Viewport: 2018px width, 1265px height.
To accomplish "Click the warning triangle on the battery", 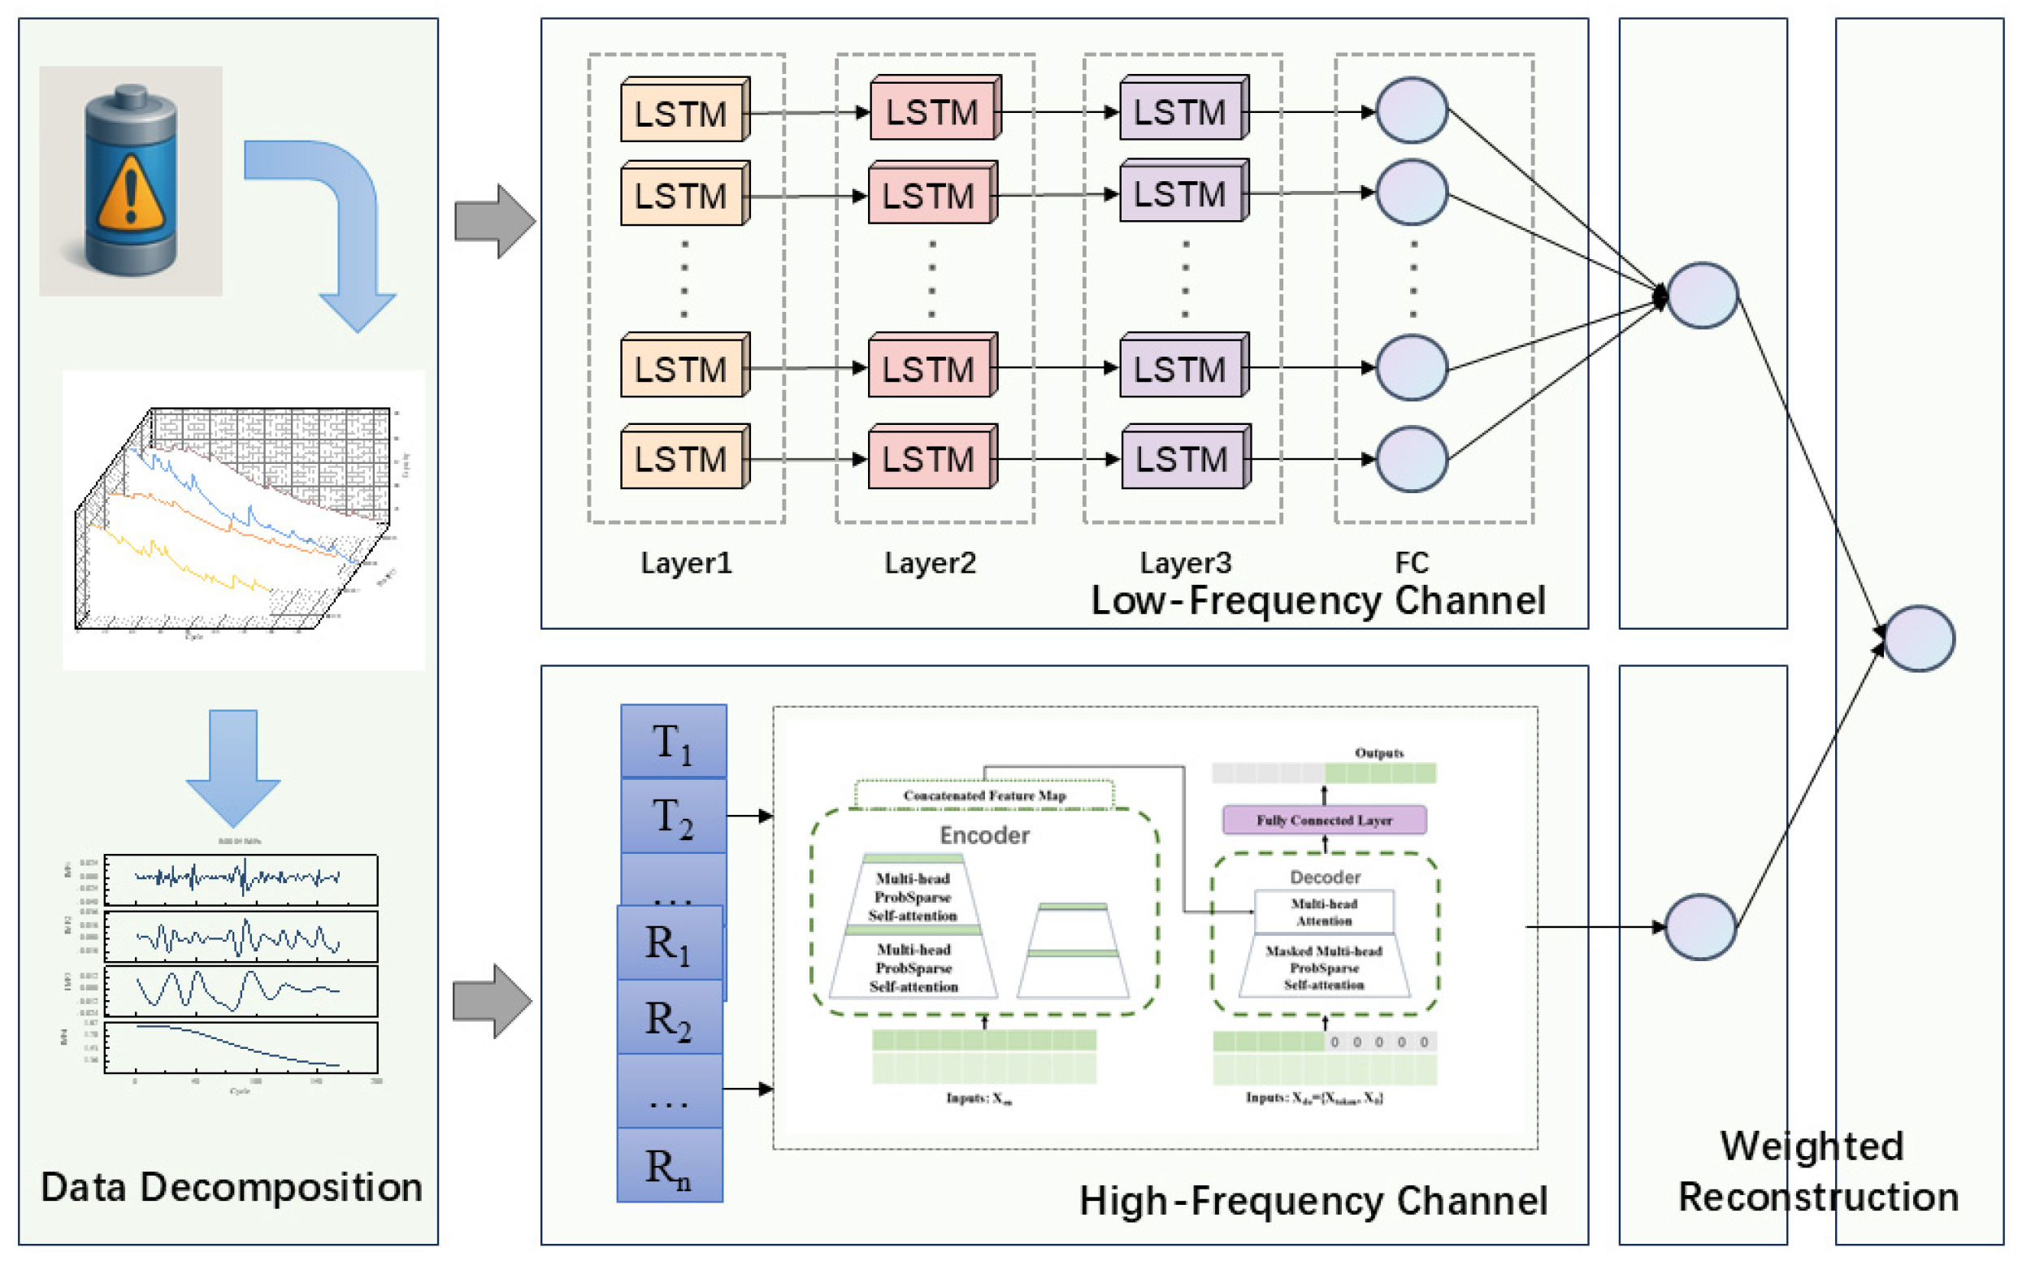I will [130, 194].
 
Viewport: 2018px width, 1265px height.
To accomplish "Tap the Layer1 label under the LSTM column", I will [685, 562].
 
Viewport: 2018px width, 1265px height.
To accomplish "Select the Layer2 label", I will [930, 562].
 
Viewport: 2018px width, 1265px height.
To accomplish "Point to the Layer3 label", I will [1185, 562].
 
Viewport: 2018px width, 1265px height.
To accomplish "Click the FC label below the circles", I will [1411, 562].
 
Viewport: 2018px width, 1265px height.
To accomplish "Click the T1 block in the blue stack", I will [673, 742].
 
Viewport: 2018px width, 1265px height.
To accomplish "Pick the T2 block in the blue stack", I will [673, 816].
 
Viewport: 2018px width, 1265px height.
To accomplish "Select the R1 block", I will [670, 943].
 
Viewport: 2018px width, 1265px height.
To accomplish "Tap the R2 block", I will [670, 1018].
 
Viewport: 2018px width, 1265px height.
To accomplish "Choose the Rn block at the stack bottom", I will [670, 1165].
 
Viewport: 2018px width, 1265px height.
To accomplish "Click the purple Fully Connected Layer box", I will [1324, 820].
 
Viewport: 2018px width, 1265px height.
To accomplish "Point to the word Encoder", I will [984, 835].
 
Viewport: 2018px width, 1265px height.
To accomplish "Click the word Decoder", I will [1325, 877].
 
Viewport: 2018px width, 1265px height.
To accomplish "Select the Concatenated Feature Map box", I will [984, 795].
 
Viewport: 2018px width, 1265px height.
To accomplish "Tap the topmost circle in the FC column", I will [1412, 110].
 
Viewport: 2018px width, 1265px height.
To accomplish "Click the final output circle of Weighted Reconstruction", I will [1918, 639].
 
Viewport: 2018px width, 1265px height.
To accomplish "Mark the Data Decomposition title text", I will [231, 1186].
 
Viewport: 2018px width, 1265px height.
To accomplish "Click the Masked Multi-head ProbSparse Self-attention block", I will [1324, 967].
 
